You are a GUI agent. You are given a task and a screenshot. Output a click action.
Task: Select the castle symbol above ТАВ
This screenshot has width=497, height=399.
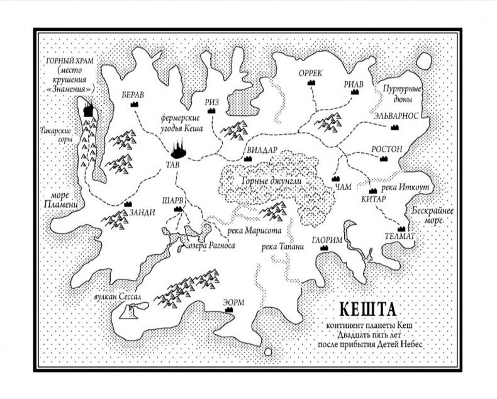pos(179,150)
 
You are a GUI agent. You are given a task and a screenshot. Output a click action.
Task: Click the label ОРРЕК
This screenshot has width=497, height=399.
pos(310,73)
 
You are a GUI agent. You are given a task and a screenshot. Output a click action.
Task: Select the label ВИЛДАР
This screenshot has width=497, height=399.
pos(259,150)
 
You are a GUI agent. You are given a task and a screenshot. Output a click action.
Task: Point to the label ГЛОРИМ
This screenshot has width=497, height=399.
pos(326,240)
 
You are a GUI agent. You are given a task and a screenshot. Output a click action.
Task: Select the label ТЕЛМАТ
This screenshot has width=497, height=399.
pos(400,236)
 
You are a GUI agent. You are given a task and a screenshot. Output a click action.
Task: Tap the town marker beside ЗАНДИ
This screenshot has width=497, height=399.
pos(128,204)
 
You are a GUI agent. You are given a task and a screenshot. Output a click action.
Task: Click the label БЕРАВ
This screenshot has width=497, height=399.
pos(133,94)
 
